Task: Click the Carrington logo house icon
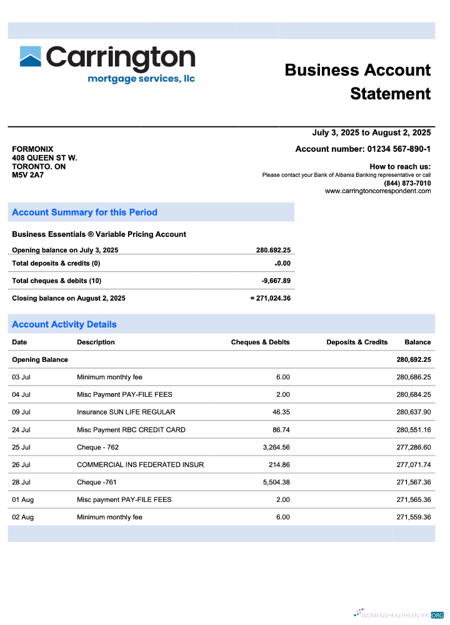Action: tap(31, 56)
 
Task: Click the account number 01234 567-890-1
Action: tap(398, 149)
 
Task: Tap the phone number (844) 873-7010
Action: tap(407, 183)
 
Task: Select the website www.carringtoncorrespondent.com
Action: tap(377, 191)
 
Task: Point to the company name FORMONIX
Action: tap(32, 149)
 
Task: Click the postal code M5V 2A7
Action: tap(28, 176)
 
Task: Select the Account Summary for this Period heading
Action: tap(84, 212)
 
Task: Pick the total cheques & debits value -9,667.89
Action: tap(276, 281)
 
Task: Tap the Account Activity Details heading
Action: tap(64, 324)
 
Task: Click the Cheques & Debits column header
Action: tap(260, 342)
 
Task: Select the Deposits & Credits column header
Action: tap(357, 342)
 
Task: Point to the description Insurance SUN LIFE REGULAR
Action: tap(126, 412)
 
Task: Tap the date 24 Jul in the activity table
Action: tap(21, 430)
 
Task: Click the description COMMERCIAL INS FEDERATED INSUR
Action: tap(140, 465)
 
